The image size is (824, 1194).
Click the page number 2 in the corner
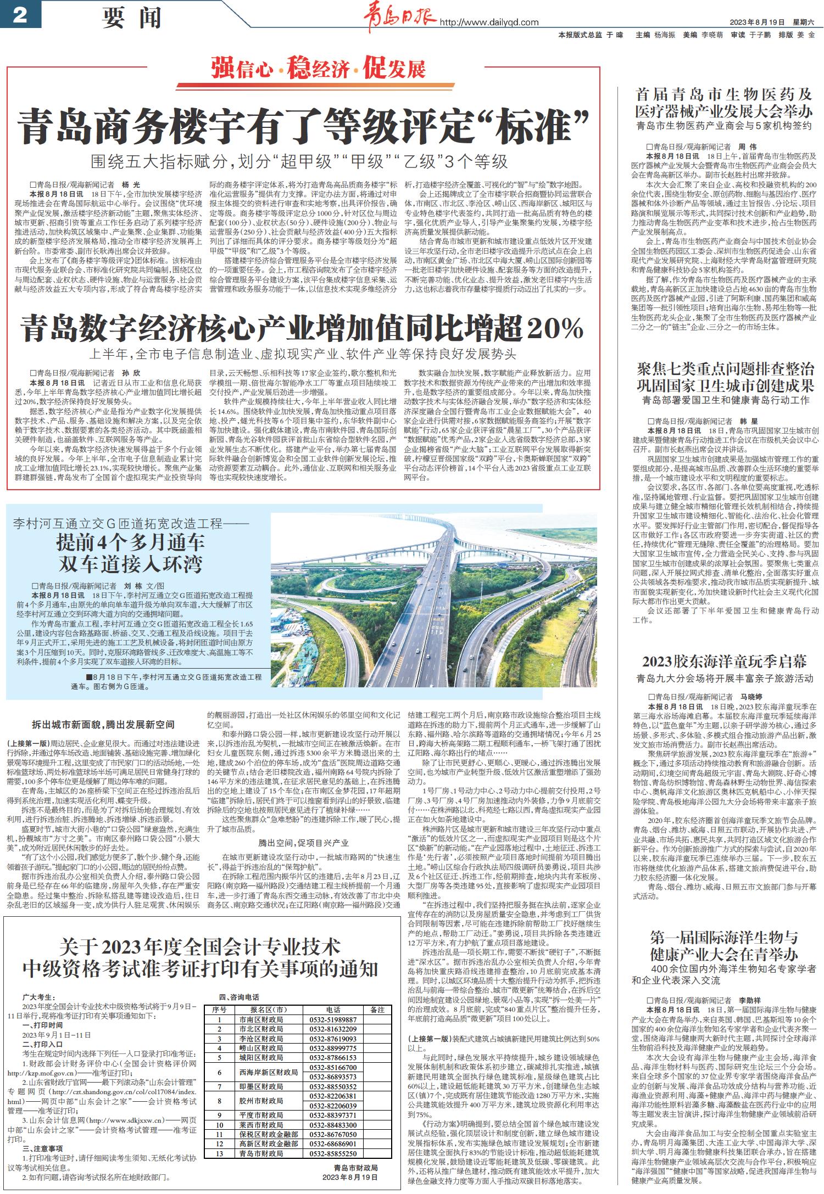point(20,15)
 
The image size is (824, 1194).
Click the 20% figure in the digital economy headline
point(555,329)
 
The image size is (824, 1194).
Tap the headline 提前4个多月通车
point(130,543)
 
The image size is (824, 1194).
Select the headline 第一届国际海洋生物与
point(724,937)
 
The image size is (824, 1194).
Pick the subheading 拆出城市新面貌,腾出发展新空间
point(103,725)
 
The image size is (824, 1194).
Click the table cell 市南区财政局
point(261,1019)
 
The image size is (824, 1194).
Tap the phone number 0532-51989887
point(333,1019)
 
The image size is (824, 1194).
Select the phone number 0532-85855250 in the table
point(333,1139)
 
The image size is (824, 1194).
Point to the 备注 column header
point(377,1009)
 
